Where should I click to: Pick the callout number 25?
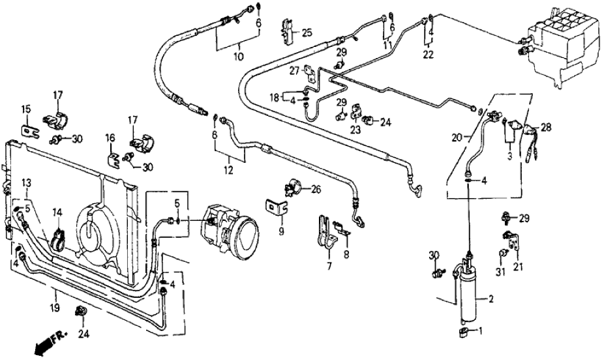(307, 32)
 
